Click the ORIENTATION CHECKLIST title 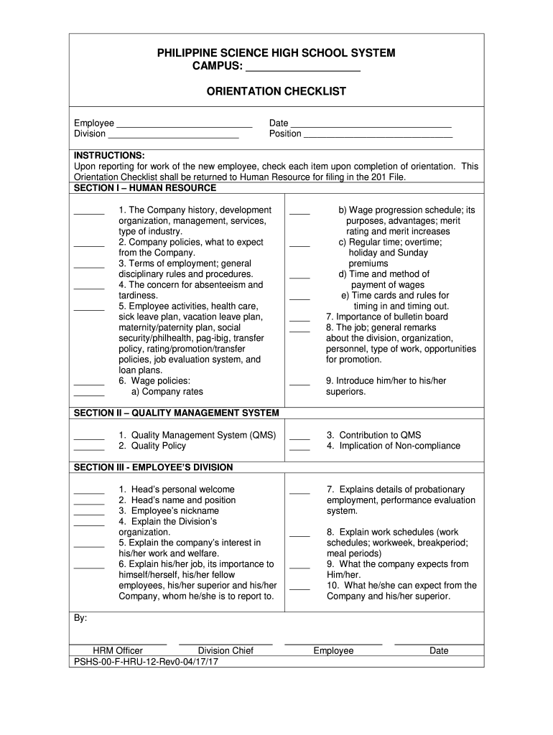tap(276, 91)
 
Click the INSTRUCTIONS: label tap(109, 155)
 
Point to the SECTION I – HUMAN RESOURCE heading tap(145, 188)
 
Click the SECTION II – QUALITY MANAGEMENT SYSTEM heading tap(177, 413)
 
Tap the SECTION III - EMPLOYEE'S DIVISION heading tap(154, 467)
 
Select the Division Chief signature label tap(226, 651)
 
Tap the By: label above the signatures tap(80, 618)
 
